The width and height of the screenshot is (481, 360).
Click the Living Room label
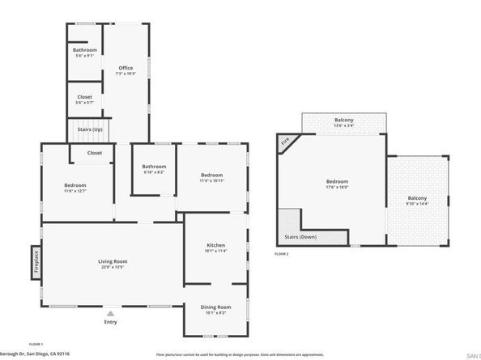pos(113,261)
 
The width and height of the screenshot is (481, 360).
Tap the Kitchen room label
pos(215,245)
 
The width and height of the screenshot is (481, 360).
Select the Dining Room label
pos(215,307)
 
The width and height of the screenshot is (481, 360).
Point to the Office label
pos(126,68)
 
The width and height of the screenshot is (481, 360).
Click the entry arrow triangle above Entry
pos(111,312)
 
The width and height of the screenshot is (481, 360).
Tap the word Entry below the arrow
pos(111,322)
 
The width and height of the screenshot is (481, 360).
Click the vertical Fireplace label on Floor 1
pos(36,263)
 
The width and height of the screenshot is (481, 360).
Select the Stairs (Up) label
pos(91,129)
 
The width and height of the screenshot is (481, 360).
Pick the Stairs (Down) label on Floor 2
pos(300,237)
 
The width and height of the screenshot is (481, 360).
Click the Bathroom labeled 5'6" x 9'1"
pos(84,50)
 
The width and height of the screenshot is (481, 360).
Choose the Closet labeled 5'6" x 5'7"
pos(84,97)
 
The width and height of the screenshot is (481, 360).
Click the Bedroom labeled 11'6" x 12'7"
pos(75,185)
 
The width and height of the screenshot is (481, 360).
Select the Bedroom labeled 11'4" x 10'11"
pos(212,176)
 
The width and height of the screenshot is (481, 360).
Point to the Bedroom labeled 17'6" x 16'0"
pos(337,182)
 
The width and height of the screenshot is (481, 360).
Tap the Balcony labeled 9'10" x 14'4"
pos(417,199)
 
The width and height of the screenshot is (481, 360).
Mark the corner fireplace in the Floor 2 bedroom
pos(285,143)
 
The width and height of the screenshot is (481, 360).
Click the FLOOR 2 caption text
pos(281,255)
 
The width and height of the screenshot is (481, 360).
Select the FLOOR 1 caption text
pos(36,345)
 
